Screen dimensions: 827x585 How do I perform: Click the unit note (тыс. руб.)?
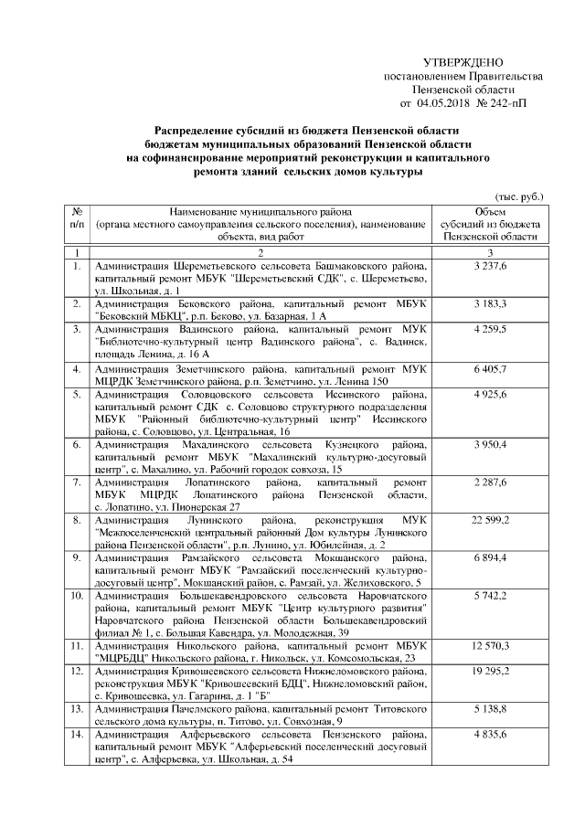518,196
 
